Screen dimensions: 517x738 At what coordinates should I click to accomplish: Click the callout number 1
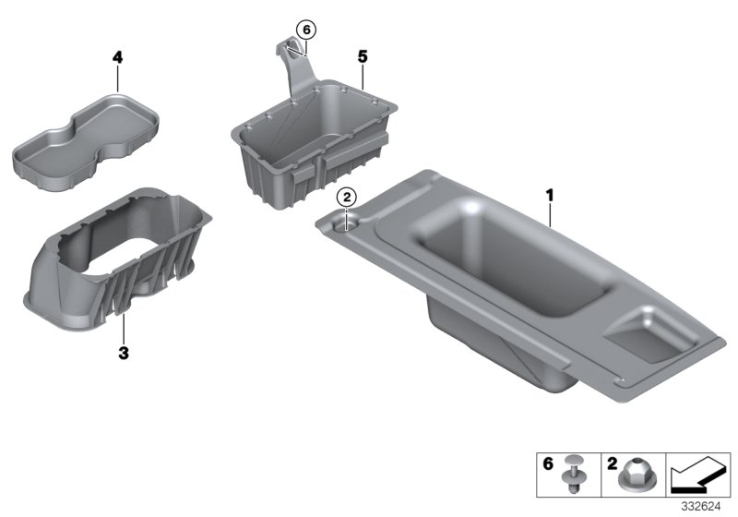click(x=549, y=195)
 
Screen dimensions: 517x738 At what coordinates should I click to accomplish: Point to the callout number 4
click(x=117, y=57)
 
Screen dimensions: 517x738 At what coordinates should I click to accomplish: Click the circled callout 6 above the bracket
click(x=305, y=30)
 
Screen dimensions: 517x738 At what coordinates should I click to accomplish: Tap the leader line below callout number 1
click(x=551, y=214)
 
